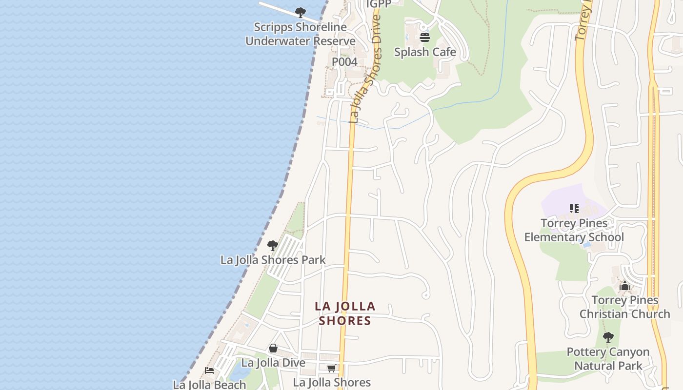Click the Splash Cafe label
pyautogui.click(x=425, y=52)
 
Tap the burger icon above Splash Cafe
pyautogui.click(x=425, y=38)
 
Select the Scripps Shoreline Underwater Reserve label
pyautogui.click(x=301, y=34)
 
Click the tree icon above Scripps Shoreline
pyautogui.click(x=301, y=12)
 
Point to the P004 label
pyautogui.click(x=344, y=62)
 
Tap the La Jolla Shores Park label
pyautogui.click(x=273, y=260)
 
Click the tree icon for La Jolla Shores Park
pyautogui.click(x=273, y=245)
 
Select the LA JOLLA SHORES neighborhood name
pyautogui.click(x=345, y=313)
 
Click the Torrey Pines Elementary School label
pyautogui.click(x=574, y=230)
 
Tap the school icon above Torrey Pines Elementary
pyautogui.click(x=574, y=209)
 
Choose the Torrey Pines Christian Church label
pyautogui.click(x=625, y=307)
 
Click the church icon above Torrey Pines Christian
pyautogui.click(x=625, y=286)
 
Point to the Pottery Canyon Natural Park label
pyautogui.click(x=608, y=359)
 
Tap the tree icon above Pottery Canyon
pyautogui.click(x=608, y=337)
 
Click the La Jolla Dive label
pyautogui.click(x=273, y=363)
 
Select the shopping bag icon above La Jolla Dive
pyautogui.click(x=273, y=349)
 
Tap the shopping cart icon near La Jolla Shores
pyautogui.click(x=332, y=369)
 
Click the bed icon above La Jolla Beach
pyautogui.click(x=209, y=371)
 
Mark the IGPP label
pyautogui.click(x=378, y=4)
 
